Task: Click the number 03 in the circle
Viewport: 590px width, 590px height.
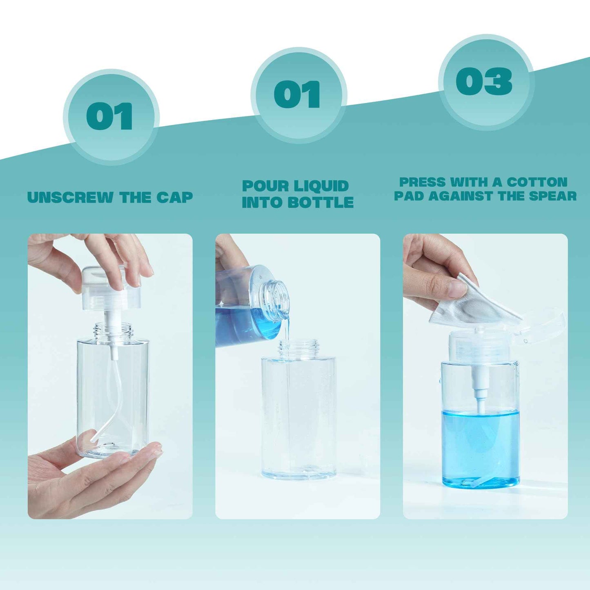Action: point(484,81)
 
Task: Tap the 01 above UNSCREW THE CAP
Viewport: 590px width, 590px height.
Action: point(109,116)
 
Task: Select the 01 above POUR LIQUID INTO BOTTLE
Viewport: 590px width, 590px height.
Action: point(297,94)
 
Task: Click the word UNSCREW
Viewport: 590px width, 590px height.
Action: point(70,197)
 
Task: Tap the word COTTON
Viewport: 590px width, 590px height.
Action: point(537,182)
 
